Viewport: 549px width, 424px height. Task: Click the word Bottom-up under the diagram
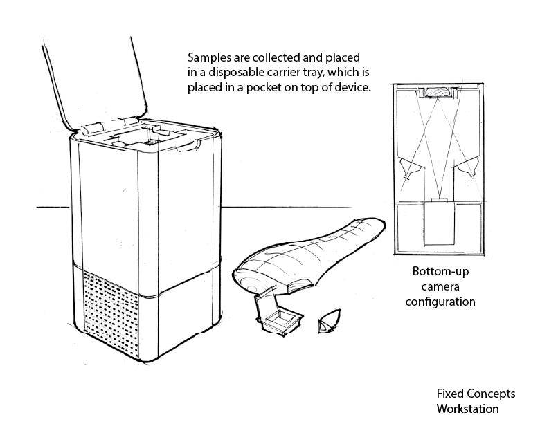pyautogui.click(x=436, y=271)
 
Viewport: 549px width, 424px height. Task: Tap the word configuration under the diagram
pyautogui.click(x=440, y=302)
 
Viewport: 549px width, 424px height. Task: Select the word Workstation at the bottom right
pyautogui.click(x=467, y=408)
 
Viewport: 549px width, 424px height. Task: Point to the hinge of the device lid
pyautogui.click(x=92, y=129)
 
